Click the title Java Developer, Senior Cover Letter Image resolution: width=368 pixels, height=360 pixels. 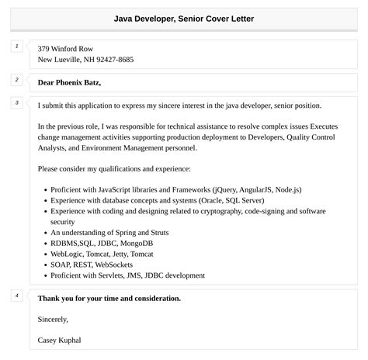[x=184, y=18]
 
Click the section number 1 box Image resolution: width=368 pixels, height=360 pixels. [x=17, y=47]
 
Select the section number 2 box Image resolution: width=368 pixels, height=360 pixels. [x=17, y=80]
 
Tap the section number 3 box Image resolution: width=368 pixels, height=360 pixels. [x=17, y=102]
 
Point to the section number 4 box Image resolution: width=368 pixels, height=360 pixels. [x=17, y=296]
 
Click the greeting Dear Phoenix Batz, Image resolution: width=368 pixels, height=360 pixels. [x=69, y=82]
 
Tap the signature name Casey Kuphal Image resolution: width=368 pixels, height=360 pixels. [x=59, y=340]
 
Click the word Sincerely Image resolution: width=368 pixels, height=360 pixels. [x=53, y=319]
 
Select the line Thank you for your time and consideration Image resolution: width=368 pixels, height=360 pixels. [x=109, y=298]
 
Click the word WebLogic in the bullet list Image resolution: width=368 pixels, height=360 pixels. [x=68, y=254]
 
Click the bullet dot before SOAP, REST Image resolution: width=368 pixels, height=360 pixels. [x=43, y=265]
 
